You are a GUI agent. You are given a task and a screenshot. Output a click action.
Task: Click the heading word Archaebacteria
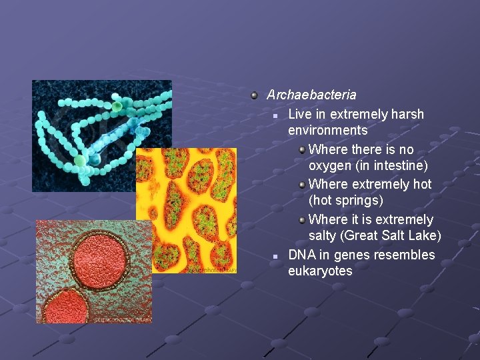click(311, 95)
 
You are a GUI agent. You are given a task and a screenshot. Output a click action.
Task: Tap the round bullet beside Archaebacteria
click(254, 95)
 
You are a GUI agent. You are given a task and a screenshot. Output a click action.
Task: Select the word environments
click(327, 130)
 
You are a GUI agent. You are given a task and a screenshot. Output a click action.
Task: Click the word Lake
click(423, 235)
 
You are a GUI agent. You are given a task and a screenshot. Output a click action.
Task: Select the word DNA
click(301, 255)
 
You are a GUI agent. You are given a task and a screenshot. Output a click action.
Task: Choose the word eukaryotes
click(320, 271)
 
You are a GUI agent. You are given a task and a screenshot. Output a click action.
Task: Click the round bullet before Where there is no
click(302, 149)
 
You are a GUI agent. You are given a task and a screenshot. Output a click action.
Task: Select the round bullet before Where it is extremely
click(302, 219)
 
